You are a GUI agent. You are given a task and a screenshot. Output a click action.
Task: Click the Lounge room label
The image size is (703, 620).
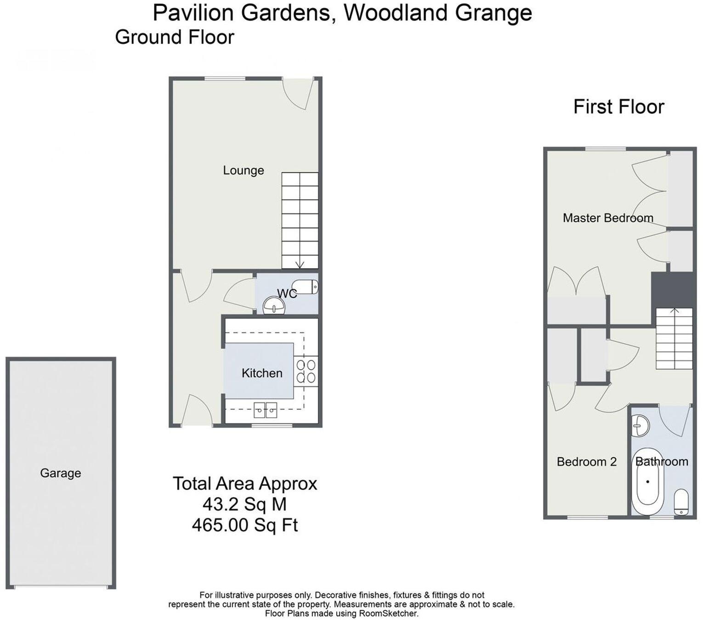(243, 170)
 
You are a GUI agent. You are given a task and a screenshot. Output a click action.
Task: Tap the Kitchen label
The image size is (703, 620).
(262, 373)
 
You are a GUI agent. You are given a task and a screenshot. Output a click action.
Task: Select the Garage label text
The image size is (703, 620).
(60, 473)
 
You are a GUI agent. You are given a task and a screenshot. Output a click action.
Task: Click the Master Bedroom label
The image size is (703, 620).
(607, 218)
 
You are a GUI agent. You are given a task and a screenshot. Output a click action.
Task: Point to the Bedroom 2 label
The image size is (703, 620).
(586, 462)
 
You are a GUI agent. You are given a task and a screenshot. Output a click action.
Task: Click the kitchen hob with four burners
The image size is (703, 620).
(306, 371)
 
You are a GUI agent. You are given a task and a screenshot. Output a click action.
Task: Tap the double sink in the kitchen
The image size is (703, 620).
(266, 410)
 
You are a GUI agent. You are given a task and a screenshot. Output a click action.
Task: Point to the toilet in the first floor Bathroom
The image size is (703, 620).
(681, 502)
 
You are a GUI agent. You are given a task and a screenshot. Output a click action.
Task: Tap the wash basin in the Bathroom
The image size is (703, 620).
(639, 425)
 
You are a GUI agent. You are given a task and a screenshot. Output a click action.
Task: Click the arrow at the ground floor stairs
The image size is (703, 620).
(300, 264)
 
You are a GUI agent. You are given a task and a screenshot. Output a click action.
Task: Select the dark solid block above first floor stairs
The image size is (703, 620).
(673, 290)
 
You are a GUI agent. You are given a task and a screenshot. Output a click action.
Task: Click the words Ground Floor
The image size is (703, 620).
(175, 37)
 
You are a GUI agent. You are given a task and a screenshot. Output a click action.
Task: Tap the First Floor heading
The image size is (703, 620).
(618, 107)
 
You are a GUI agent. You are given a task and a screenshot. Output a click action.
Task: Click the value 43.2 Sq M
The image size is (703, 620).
(244, 504)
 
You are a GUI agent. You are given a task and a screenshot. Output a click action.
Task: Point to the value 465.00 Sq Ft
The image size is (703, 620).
(245, 524)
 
